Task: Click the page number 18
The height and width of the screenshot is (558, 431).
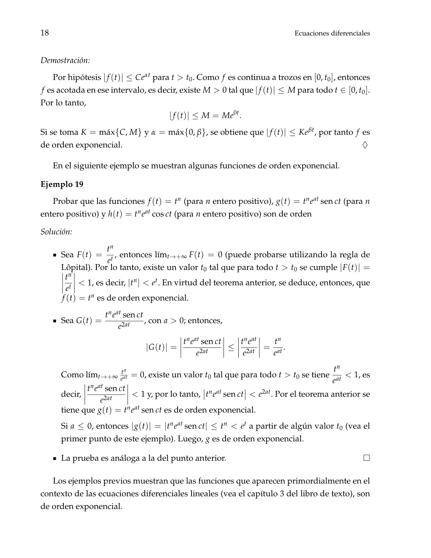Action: pos(45,33)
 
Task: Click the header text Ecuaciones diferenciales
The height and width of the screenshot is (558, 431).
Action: pos(332,33)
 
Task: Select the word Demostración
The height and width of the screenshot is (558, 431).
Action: pos(65,60)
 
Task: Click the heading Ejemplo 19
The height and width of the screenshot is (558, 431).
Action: pos(62,184)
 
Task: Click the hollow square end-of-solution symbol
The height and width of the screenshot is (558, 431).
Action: pos(367,458)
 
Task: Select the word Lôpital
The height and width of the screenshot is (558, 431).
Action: pos(77,267)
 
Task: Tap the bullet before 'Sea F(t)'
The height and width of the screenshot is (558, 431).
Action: pos(55,255)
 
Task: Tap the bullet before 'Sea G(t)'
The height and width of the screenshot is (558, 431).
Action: pos(55,321)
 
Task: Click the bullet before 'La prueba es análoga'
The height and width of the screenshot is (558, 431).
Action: pos(55,458)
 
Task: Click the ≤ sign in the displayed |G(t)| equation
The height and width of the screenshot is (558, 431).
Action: pos(231,347)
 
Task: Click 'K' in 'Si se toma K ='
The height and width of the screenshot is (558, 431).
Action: pos(84,132)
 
